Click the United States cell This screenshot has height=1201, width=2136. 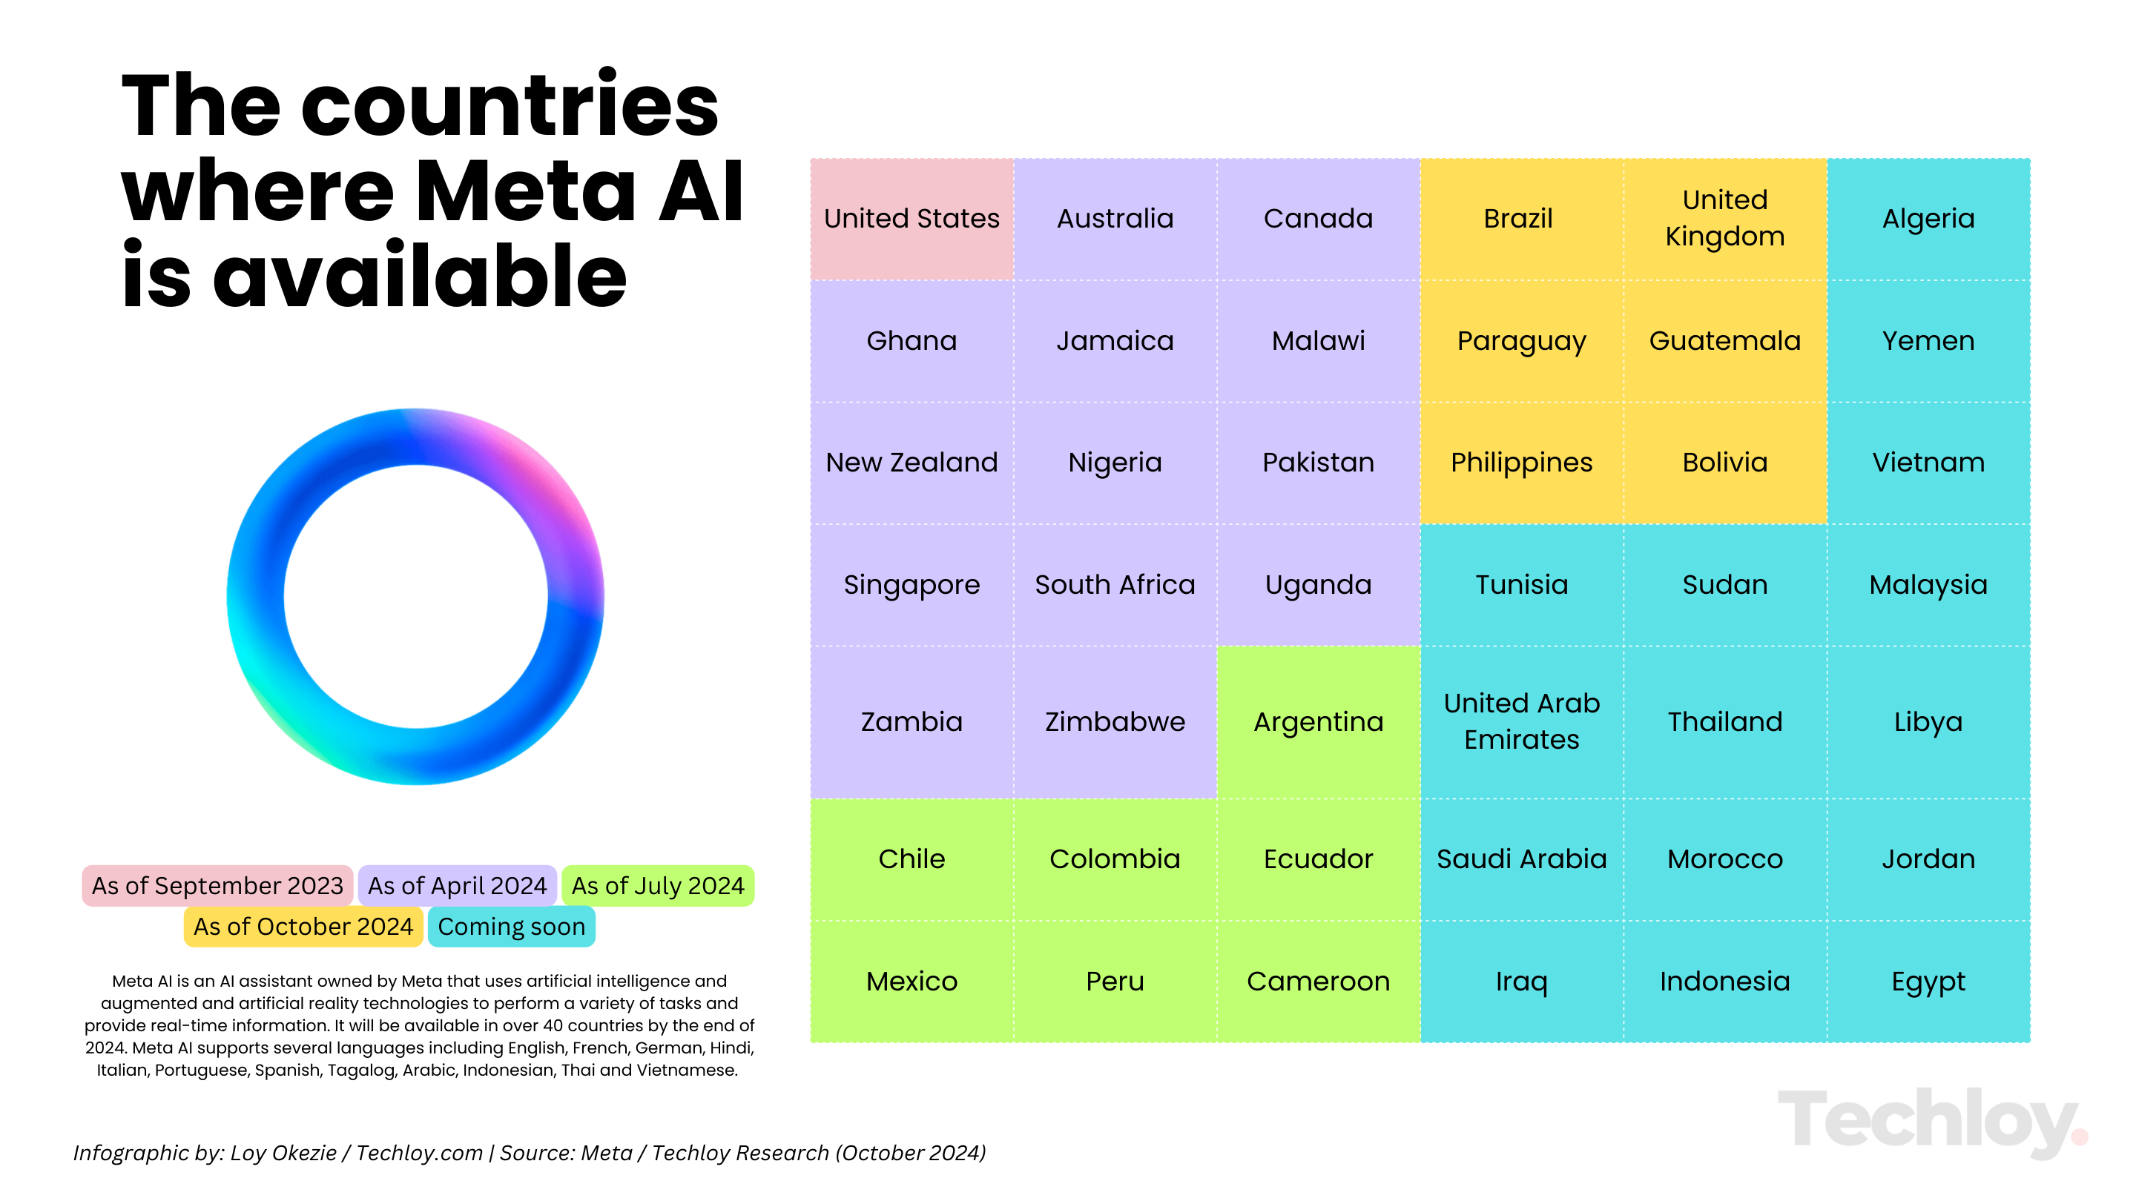pyautogui.click(x=912, y=219)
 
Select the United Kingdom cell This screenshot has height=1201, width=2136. pyautogui.click(x=1724, y=219)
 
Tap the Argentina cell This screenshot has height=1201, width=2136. pyautogui.click(x=1319, y=722)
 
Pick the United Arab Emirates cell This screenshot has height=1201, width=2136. pyautogui.click(x=1522, y=722)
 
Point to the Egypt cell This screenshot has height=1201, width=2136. pyautogui.click(x=1928, y=982)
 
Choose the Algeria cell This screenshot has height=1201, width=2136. pyautogui.click(x=1928, y=219)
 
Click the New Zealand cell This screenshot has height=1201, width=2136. pyautogui.click(x=912, y=463)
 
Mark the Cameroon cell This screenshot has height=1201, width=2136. pyautogui.click(x=1319, y=982)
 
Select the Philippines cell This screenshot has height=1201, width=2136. pyautogui.click(x=1522, y=463)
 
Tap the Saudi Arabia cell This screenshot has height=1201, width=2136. pyautogui.click(x=1522, y=859)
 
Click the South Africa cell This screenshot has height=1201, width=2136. pyautogui.click(x=1115, y=585)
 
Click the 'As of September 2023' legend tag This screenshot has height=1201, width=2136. pyautogui.click(x=217, y=886)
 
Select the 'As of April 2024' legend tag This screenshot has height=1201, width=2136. pyautogui.click(x=457, y=886)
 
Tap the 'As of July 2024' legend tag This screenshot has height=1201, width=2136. pyautogui.click(x=658, y=886)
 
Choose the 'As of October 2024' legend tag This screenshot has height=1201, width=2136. pyautogui.click(x=303, y=927)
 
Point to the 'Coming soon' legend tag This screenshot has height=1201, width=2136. pyautogui.click(x=512, y=927)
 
